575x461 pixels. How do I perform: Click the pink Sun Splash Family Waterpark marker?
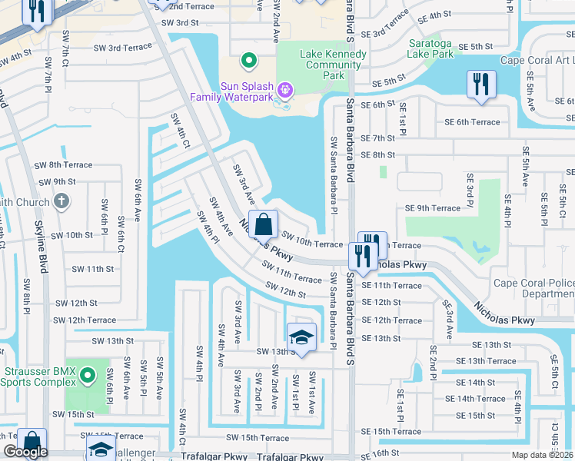pyautogui.click(x=285, y=91)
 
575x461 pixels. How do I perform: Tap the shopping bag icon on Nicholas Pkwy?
pyautogui.click(x=263, y=224)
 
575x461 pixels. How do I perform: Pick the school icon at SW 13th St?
pyautogui.click(x=301, y=337)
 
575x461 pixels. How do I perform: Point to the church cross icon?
pyautogui.click(x=62, y=202)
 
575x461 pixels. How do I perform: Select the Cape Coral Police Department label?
pyautogui.click(x=533, y=288)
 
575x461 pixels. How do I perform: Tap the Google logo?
pyautogui.click(x=25, y=452)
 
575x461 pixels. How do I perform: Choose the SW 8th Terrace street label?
pyautogui.click(x=63, y=165)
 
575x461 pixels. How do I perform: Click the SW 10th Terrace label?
pyautogui.click(x=312, y=239)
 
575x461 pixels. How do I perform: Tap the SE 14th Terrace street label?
pyautogui.click(x=481, y=399)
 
